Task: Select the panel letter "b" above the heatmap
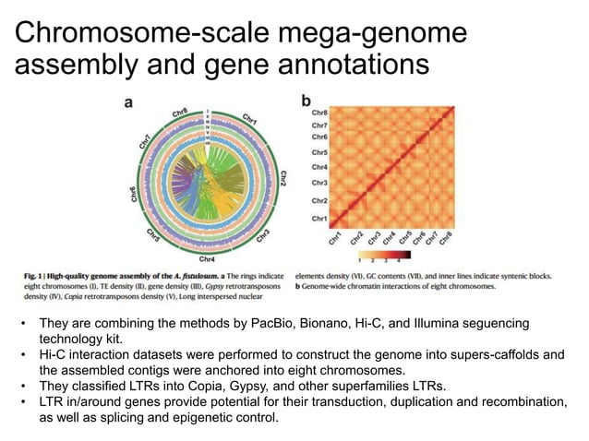(x=307, y=100)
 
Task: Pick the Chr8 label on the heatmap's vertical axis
(x=319, y=113)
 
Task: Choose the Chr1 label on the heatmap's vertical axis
(x=319, y=218)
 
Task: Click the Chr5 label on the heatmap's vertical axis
(x=319, y=151)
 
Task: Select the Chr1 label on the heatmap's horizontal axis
(x=335, y=238)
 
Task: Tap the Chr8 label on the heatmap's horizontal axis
(x=445, y=238)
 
